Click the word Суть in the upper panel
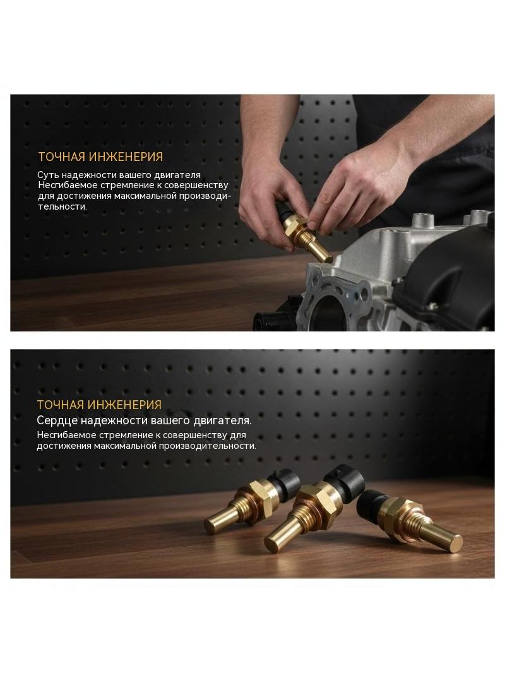[x=47, y=175]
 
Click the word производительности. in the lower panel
[x=207, y=446]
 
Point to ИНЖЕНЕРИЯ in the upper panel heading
[x=126, y=157]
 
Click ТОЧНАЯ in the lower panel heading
[x=60, y=405]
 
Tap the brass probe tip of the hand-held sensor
[x=328, y=259]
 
